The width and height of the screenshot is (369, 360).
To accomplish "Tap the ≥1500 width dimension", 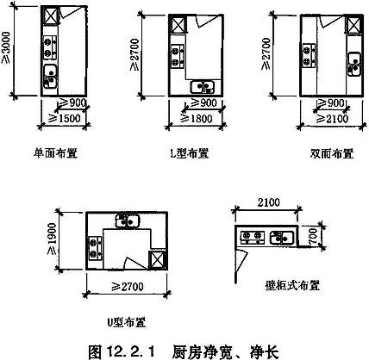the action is [66, 118].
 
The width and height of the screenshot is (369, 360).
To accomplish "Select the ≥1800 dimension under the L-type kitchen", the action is [197, 118].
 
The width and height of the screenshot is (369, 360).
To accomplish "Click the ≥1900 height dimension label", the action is [52, 239].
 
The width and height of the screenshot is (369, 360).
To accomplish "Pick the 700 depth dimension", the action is [313, 236].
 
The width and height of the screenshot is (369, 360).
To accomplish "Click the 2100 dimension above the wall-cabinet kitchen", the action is [268, 202].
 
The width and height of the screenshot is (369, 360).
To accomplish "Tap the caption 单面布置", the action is [55, 153].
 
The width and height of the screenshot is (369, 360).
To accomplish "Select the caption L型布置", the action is [190, 153].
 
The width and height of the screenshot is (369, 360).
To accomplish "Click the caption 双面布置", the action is [332, 153].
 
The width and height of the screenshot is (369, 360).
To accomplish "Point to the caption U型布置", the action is [127, 322].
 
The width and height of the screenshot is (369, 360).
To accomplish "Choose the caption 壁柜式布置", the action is [292, 285].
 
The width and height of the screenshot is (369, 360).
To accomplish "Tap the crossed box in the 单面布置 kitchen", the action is [50, 16].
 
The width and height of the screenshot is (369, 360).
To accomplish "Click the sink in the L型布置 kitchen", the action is [203, 87].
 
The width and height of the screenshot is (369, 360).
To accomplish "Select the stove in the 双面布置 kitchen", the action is [309, 56].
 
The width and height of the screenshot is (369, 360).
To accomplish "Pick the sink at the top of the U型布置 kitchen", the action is [128, 220].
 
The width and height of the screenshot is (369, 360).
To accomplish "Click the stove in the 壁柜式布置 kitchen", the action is [253, 237].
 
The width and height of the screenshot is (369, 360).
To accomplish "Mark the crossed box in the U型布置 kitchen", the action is [157, 260].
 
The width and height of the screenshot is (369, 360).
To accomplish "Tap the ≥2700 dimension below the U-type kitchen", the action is [128, 286].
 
